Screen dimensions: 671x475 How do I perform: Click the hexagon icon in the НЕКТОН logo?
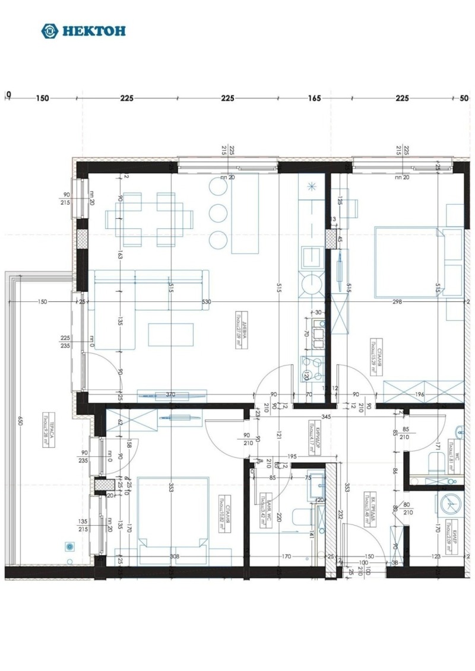tap(50, 31)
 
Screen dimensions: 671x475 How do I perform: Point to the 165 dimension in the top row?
tap(314, 98)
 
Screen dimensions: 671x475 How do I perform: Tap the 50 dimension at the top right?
tap(464, 98)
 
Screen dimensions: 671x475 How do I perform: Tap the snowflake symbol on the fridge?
tap(311, 188)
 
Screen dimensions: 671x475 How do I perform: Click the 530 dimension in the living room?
tap(206, 302)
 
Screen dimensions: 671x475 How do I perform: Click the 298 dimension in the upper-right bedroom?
tap(397, 302)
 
